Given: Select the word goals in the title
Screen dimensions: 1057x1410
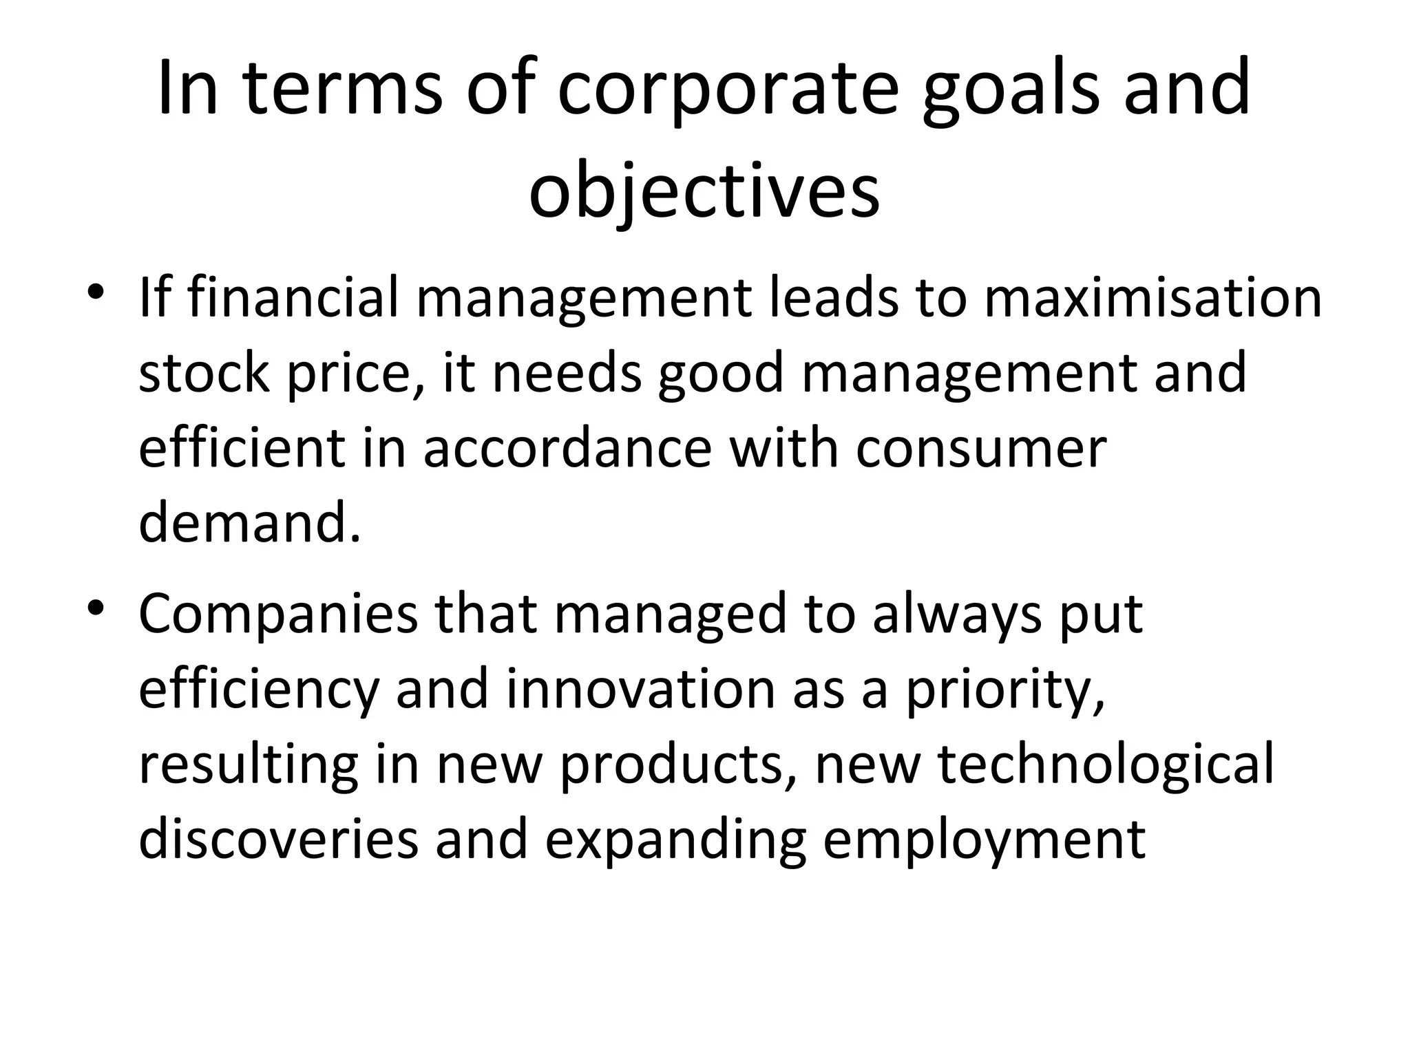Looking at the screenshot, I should click(x=1011, y=89).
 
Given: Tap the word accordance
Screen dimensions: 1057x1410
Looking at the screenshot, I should click(x=567, y=449).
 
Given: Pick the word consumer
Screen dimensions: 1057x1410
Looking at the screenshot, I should click(x=981, y=449).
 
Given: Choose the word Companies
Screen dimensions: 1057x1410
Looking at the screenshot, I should click(x=277, y=614).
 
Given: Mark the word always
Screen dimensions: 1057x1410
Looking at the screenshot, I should click(x=957, y=614).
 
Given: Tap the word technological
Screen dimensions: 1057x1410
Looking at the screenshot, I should click(x=1106, y=765).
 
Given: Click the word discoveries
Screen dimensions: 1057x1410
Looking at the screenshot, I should click(x=278, y=840).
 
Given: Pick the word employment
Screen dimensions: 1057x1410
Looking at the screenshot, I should click(x=984, y=840).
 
